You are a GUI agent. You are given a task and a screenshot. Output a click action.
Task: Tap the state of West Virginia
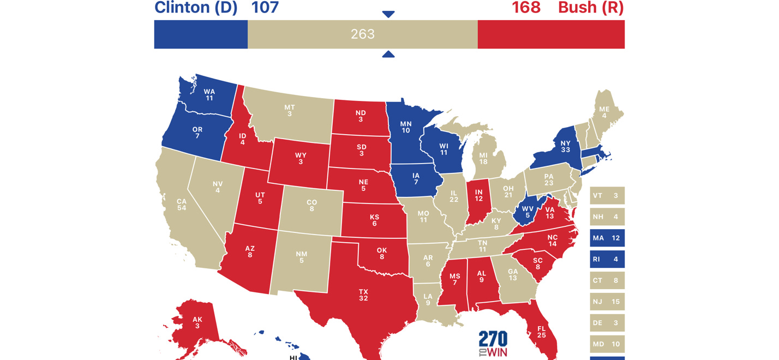(x=527, y=211)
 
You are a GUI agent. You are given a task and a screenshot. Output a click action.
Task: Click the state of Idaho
(x=242, y=139)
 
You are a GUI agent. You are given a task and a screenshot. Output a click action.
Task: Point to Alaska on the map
(x=197, y=322)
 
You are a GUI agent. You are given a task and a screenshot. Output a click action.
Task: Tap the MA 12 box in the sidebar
(x=607, y=238)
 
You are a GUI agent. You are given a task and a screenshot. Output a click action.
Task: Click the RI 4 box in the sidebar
(x=607, y=259)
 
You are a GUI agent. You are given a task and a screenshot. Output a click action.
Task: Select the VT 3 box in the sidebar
(x=607, y=195)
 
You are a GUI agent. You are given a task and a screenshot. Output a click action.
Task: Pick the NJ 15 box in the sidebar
(x=607, y=302)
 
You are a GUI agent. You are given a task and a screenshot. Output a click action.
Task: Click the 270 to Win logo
(x=493, y=344)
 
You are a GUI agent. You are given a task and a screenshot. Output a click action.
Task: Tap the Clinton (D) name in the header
(x=196, y=8)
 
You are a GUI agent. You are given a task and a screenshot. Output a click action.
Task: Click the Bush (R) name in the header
(x=591, y=8)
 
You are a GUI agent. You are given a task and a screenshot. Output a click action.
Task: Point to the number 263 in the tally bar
(x=363, y=34)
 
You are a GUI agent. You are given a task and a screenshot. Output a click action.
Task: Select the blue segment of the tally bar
(x=201, y=34)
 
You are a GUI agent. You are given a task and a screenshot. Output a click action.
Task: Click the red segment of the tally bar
(x=551, y=34)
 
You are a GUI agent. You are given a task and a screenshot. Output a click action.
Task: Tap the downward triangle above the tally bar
(x=388, y=14)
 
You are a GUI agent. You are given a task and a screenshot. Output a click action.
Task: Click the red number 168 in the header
(x=526, y=8)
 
